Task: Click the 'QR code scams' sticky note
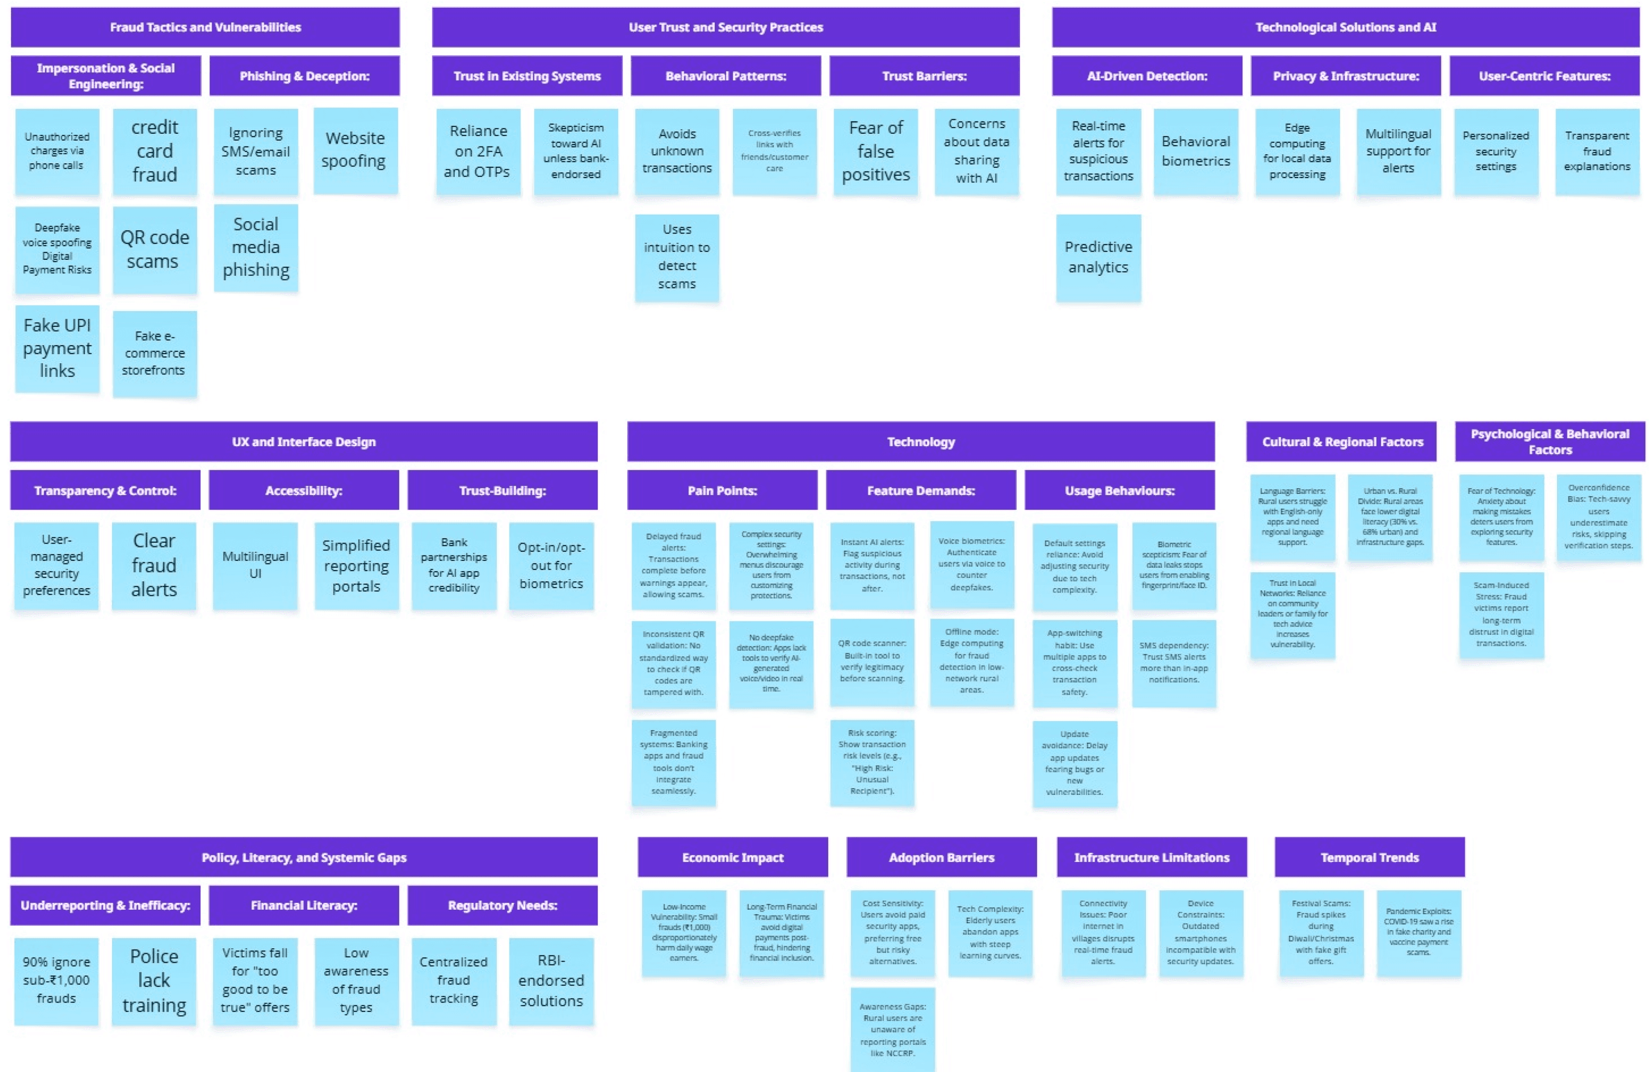(155, 249)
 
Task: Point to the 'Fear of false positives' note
(876, 151)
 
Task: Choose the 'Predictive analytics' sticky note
(1098, 257)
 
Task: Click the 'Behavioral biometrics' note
(1196, 151)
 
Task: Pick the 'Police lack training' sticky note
(154, 980)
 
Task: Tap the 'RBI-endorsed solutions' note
(551, 980)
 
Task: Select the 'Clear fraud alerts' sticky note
(154, 565)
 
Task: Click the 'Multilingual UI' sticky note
(255, 565)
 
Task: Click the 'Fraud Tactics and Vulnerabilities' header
(205, 27)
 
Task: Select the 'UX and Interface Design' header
(303, 441)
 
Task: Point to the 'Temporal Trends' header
(1369, 857)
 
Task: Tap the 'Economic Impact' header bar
(732, 857)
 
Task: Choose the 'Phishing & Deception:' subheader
(304, 76)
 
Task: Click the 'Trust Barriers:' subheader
(924, 76)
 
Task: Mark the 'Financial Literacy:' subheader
(303, 905)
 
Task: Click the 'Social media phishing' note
(256, 248)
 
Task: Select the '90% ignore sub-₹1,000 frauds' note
(56, 980)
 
